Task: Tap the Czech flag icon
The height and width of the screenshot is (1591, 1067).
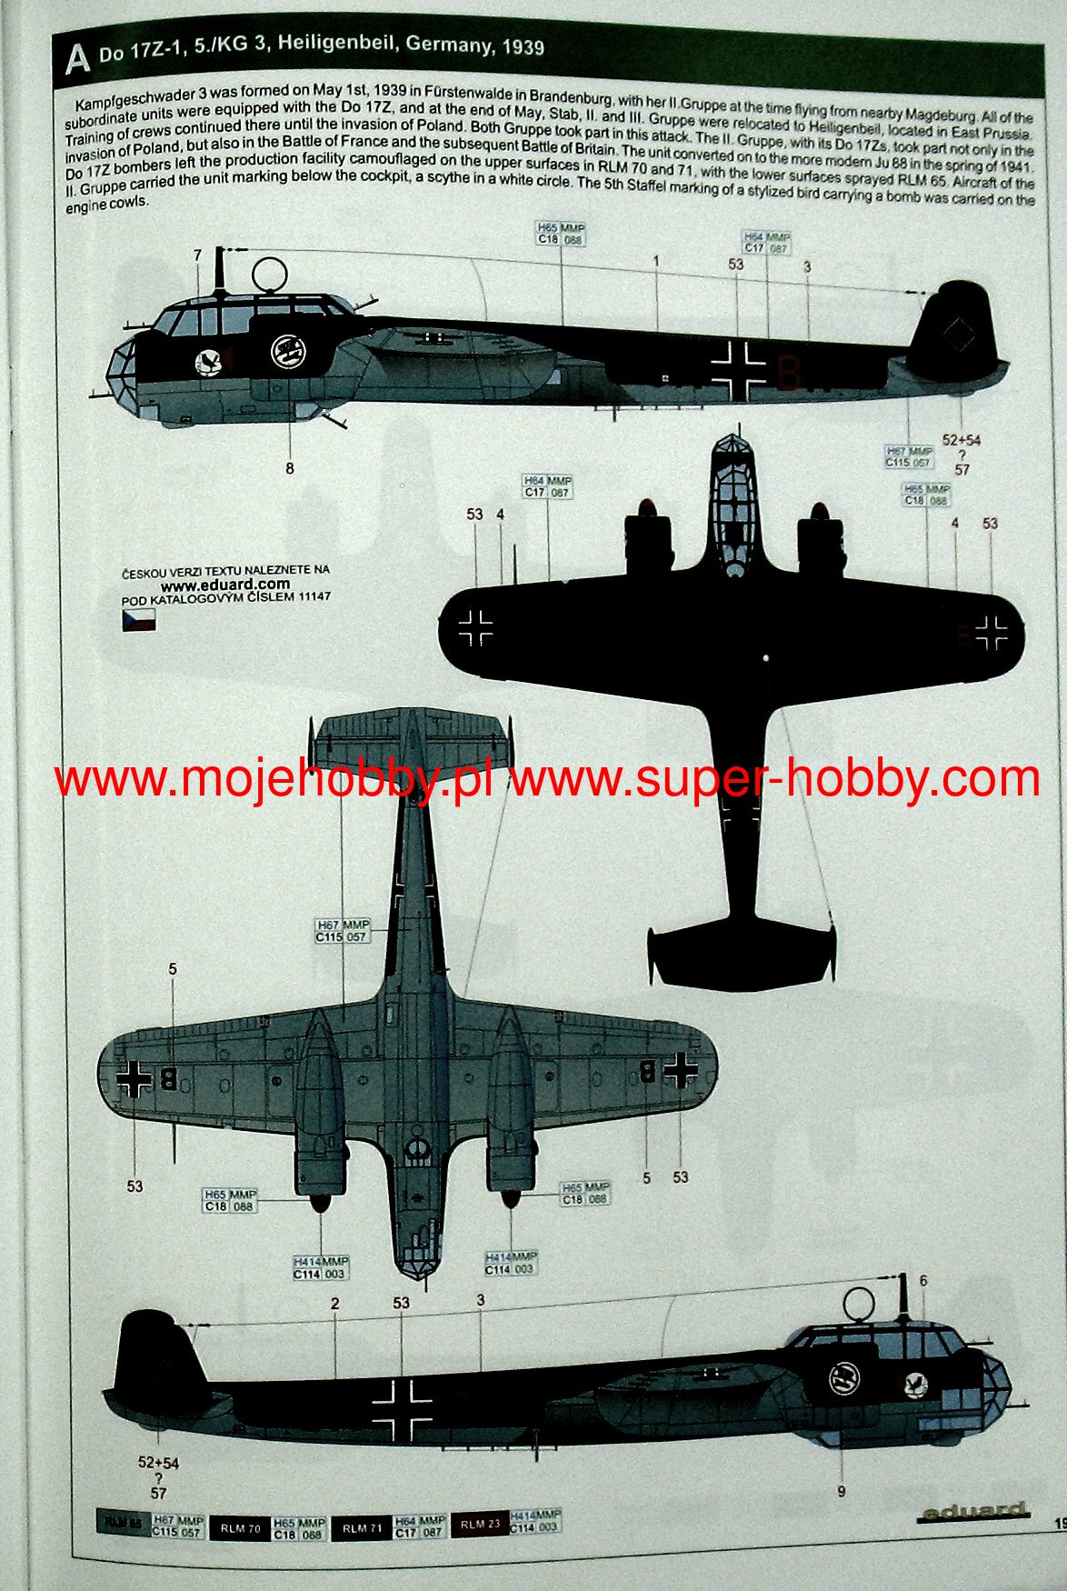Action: pyautogui.click(x=138, y=620)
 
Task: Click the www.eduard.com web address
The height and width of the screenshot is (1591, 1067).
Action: pyautogui.click(x=225, y=584)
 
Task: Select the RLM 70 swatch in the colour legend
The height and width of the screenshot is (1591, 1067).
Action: pyautogui.click(x=240, y=1528)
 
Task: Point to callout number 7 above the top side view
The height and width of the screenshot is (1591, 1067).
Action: pyautogui.click(x=197, y=255)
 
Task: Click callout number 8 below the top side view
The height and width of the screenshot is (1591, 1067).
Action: pyautogui.click(x=290, y=468)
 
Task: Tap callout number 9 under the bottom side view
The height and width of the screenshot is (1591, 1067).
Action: pyautogui.click(x=842, y=1491)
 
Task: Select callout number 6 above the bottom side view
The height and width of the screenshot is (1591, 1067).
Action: pyautogui.click(x=923, y=1281)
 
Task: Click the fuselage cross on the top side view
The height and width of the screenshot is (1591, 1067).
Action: pyautogui.click(x=739, y=371)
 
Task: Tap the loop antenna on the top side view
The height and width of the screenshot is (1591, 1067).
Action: pyautogui.click(x=270, y=274)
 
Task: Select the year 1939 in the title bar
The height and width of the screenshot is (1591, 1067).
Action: pyautogui.click(x=522, y=45)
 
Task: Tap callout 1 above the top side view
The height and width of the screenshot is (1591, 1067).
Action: pyautogui.click(x=655, y=261)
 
